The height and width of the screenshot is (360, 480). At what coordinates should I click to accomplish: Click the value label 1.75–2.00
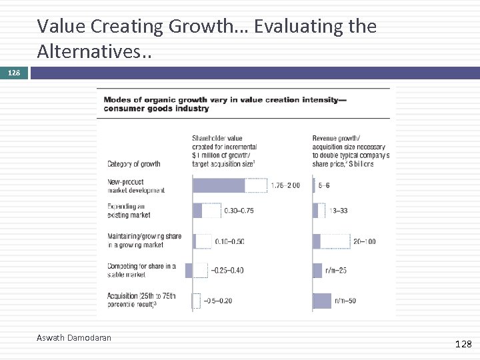tap(285, 185)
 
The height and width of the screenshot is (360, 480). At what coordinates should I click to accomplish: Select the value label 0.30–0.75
tap(239, 211)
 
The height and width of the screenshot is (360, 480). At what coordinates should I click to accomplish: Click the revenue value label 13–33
tap(339, 211)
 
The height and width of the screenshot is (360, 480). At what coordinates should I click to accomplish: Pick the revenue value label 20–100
tap(364, 241)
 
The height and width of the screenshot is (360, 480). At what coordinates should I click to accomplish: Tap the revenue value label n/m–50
tap(343, 301)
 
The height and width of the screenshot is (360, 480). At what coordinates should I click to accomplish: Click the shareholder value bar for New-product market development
tap(219, 185)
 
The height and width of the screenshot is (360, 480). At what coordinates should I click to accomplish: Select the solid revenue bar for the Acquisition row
tap(321, 301)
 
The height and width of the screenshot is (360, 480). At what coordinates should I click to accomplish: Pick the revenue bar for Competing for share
tap(317, 270)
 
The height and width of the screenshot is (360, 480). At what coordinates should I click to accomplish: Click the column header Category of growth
tap(134, 164)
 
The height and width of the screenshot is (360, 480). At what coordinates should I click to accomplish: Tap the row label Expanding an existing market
tap(129, 211)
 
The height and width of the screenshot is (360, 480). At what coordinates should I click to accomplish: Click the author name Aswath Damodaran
tap(74, 338)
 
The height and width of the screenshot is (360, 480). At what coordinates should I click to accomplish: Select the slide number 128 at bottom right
tap(463, 344)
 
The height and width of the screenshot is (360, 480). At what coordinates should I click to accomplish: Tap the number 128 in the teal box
tap(14, 72)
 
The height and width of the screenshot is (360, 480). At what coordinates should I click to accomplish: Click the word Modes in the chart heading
tap(115, 100)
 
